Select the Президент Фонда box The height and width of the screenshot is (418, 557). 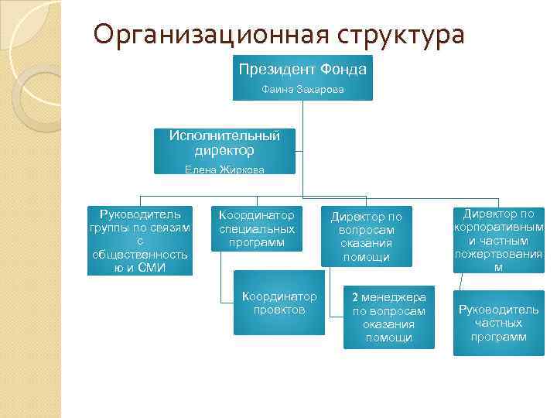[302, 77]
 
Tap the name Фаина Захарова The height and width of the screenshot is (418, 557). [302, 91]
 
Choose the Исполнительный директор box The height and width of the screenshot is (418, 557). [224, 151]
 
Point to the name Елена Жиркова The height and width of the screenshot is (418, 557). [224, 170]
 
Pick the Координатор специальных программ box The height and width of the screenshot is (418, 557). [257, 228]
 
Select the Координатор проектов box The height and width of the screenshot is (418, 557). [279, 303]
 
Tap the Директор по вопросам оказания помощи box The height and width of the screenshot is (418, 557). [367, 235]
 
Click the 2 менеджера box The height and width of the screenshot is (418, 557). [389, 317]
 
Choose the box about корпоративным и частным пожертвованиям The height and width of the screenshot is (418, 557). [499, 240]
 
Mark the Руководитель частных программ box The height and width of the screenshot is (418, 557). [499, 323]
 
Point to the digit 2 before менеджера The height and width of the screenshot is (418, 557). [355, 296]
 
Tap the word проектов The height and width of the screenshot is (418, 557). [279, 309]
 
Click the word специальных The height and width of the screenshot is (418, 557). [257, 229]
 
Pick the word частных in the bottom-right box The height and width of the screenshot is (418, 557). [499, 324]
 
